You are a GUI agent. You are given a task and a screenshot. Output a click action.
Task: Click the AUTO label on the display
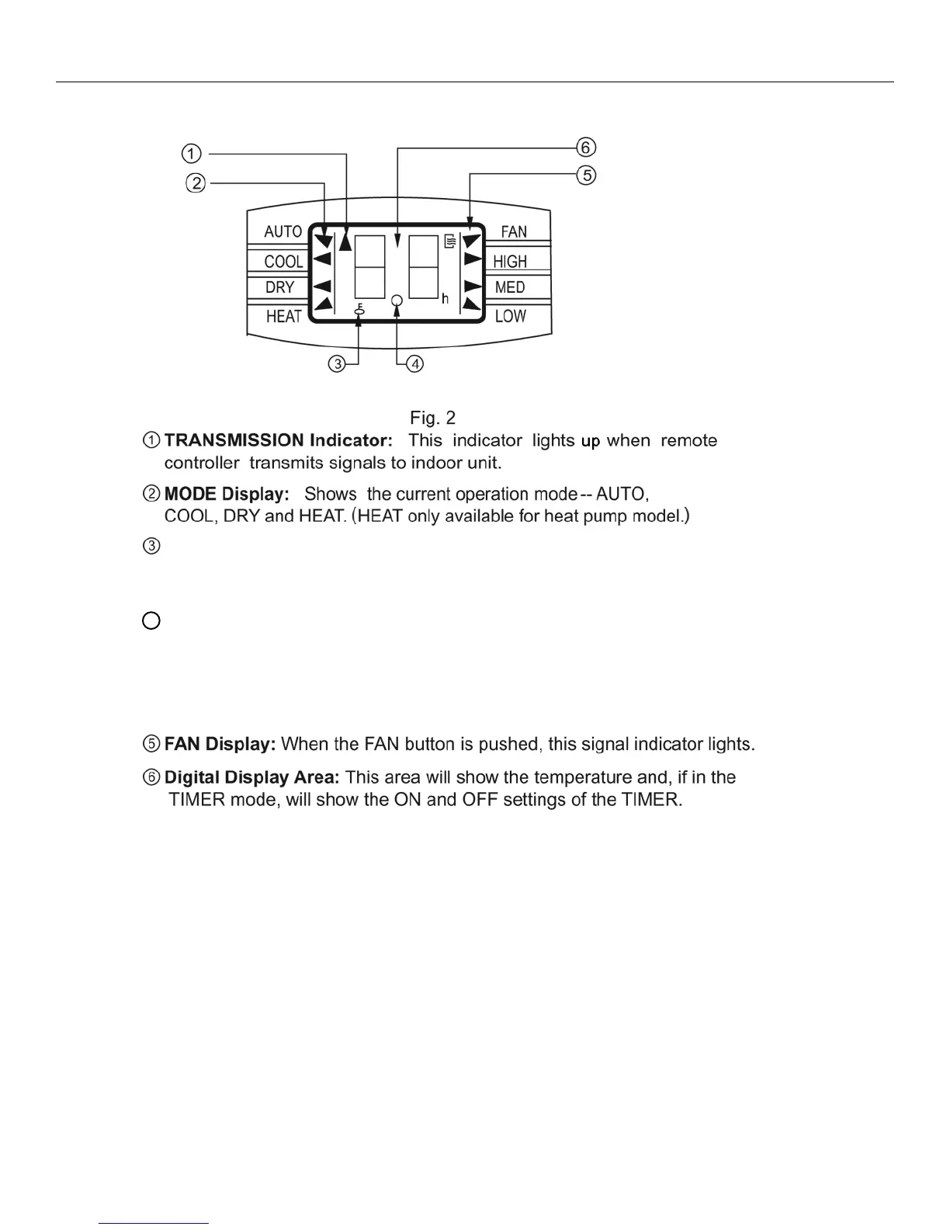(283, 231)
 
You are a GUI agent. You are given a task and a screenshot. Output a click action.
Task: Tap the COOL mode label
(283, 262)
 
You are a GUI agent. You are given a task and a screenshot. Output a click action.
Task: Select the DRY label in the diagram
(279, 287)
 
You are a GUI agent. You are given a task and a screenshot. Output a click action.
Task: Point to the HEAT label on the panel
(283, 316)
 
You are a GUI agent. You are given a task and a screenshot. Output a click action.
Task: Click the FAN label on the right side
(514, 231)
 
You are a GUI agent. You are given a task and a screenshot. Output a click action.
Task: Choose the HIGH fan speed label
(510, 262)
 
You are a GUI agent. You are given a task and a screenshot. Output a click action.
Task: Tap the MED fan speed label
(510, 287)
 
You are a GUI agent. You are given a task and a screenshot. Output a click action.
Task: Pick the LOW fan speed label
(511, 316)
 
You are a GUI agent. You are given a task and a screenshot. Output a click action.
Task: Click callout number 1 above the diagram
(192, 153)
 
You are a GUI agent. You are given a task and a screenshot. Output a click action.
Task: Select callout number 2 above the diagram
(196, 183)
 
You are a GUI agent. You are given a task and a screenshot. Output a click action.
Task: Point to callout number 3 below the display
(336, 363)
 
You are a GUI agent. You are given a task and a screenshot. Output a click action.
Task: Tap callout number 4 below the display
(415, 363)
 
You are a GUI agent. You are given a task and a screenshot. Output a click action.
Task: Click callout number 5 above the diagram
(588, 175)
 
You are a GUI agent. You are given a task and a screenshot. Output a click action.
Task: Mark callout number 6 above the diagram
(587, 147)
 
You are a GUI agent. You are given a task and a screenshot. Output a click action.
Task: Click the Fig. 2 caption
(432, 419)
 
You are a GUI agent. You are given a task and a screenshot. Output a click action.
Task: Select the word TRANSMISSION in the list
(234, 440)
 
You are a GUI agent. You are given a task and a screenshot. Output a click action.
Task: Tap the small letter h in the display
(446, 299)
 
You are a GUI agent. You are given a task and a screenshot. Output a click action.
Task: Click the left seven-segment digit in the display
(369, 266)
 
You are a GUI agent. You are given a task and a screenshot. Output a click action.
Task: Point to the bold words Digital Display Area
(252, 777)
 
